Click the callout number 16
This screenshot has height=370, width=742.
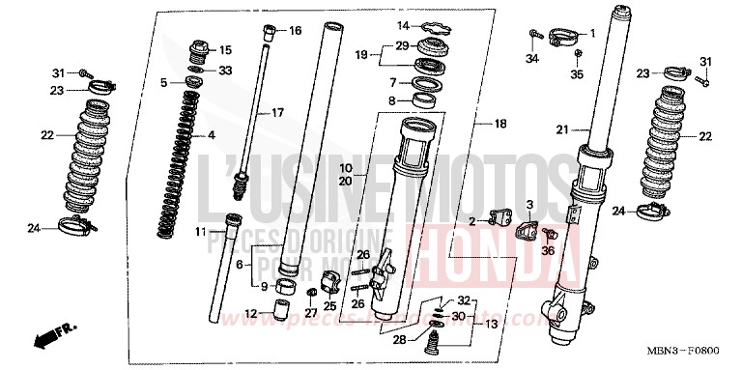coord(296,31)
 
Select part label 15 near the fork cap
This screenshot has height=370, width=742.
coord(226,50)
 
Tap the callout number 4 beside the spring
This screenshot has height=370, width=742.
coord(212,135)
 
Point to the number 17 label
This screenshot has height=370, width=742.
coord(277,113)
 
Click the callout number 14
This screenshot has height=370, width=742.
coord(404,25)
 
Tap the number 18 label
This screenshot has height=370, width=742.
coord(500,125)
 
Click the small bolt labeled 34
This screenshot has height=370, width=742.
coord(534,35)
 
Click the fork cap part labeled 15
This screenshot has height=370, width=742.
coord(201,47)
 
